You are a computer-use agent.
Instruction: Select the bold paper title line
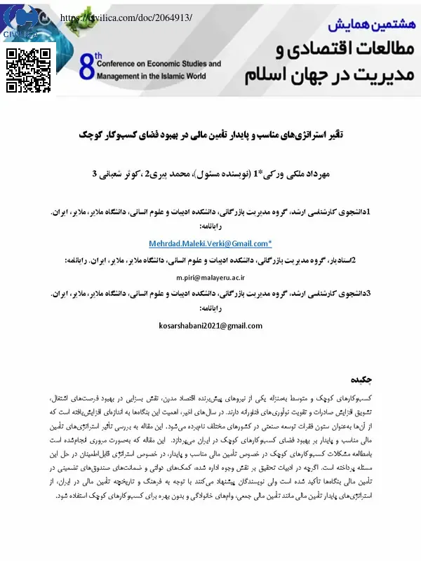click(210, 133)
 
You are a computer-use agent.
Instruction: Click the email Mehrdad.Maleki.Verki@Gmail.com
click(210, 243)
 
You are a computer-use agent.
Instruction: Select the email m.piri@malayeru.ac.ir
click(210, 278)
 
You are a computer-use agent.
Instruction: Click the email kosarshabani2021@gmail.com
click(210, 325)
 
